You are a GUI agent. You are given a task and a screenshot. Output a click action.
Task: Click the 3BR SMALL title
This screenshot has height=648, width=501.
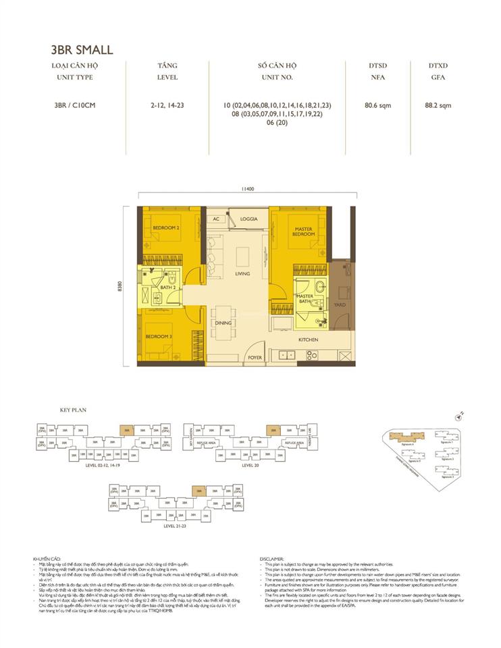tap(82, 49)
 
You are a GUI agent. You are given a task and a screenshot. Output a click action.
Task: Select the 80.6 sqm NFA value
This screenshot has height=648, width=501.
tap(377, 106)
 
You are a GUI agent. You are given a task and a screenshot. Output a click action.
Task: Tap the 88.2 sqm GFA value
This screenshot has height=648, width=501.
tap(438, 106)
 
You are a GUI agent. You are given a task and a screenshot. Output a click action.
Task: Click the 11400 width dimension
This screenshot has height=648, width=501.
tap(245, 190)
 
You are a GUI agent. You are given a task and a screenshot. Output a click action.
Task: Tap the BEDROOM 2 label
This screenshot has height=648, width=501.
tap(165, 228)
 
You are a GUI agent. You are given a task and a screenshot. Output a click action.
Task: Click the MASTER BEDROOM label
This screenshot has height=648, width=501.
tap(303, 232)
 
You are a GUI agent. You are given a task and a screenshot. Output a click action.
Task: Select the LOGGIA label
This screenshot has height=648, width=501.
tap(249, 219)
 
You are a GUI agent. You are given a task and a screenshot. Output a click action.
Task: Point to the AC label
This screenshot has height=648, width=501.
tap(217, 219)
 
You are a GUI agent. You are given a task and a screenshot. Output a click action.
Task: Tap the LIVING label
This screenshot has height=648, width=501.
tap(242, 274)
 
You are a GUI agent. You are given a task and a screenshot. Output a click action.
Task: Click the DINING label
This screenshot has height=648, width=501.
tap(223, 323)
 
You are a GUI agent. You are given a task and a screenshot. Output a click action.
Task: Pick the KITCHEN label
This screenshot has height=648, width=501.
tap(308, 340)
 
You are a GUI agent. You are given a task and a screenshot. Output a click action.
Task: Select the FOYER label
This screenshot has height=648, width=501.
tap(255, 357)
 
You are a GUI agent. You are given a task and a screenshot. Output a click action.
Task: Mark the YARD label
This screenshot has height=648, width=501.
tap(340, 304)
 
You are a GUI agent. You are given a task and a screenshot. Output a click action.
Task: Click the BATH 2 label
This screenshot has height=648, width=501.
tap(169, 288)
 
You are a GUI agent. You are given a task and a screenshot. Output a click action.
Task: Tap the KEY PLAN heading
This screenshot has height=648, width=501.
tap(70, 410)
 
